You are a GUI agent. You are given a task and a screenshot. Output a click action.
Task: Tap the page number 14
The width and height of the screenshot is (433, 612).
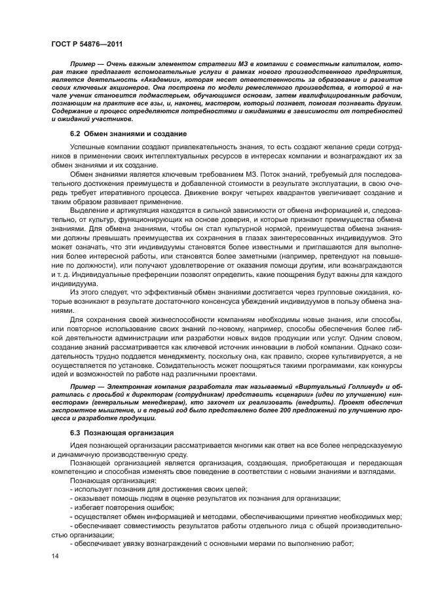(x=55, y=556)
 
